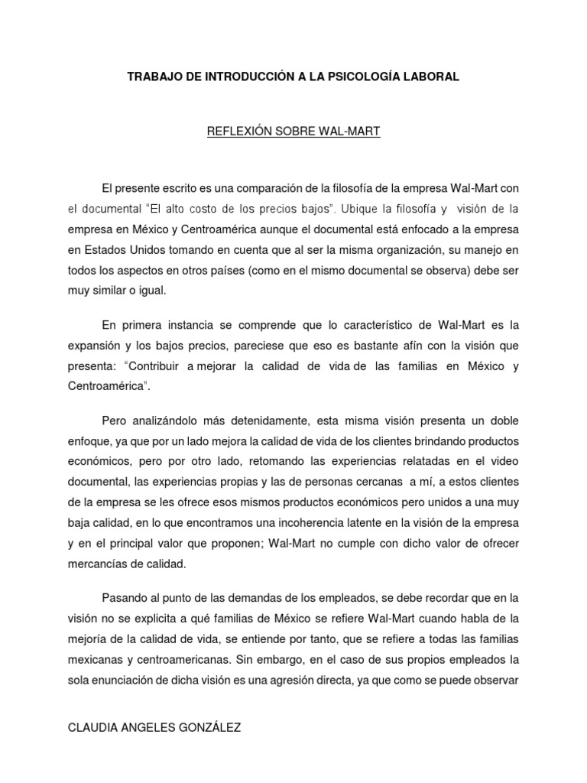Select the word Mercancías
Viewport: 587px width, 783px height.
(102, 564)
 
